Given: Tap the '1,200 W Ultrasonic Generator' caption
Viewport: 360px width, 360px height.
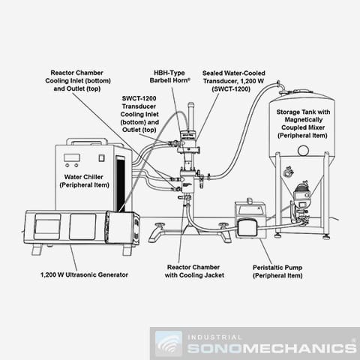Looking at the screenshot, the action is click(x=84, y=274).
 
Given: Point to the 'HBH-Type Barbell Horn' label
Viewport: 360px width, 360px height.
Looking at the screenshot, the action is click(x=169, y=76).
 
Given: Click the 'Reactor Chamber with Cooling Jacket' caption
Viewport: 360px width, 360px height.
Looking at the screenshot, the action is click(x=194, y=271).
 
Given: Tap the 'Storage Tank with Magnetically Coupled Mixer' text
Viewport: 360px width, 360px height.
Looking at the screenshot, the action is click(x=303, y=124).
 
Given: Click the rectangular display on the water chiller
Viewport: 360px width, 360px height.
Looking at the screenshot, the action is click(x=72, y=157).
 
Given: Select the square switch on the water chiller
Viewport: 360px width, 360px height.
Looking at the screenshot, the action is click(x=101, y=158).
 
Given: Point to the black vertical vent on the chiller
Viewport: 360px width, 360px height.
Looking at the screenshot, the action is click(x=121, y=184).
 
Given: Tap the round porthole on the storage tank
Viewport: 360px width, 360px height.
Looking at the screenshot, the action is click(x=303, y=151).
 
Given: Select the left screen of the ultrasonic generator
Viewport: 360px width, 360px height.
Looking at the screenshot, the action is click(x=47, y=226).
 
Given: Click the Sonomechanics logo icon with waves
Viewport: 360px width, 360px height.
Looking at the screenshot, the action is click(x=168, y=343).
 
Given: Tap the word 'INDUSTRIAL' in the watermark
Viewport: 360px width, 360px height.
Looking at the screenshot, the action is click(x=214, y=337).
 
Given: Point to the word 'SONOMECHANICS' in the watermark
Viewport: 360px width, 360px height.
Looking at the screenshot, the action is click(x=272, y=349).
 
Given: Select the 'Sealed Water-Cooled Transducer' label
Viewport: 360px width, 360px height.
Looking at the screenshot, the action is click(x=233, y=81).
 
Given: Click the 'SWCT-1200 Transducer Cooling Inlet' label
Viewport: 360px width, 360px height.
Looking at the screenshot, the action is click(x=139, y=114).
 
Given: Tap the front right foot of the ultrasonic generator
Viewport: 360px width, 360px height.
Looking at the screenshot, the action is click(x=127, y=250).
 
